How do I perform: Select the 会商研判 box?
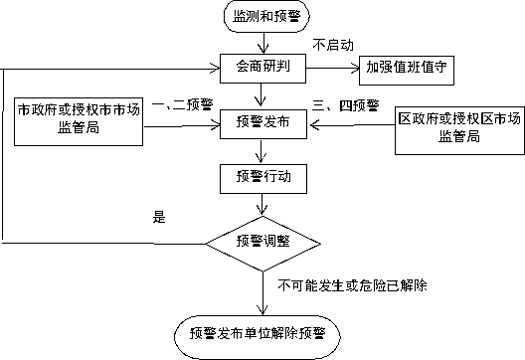tap(263, 68)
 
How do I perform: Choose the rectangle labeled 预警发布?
tap(263, 122)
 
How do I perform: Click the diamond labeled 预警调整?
tap(263, 241)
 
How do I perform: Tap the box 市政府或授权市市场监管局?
tap(78, 119)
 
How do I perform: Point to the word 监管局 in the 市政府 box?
tap(79, 128)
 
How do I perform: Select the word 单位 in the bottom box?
tap(258, 332)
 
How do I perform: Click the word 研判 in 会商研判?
tap(277, 68)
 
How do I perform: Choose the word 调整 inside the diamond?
tap(277, 241)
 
